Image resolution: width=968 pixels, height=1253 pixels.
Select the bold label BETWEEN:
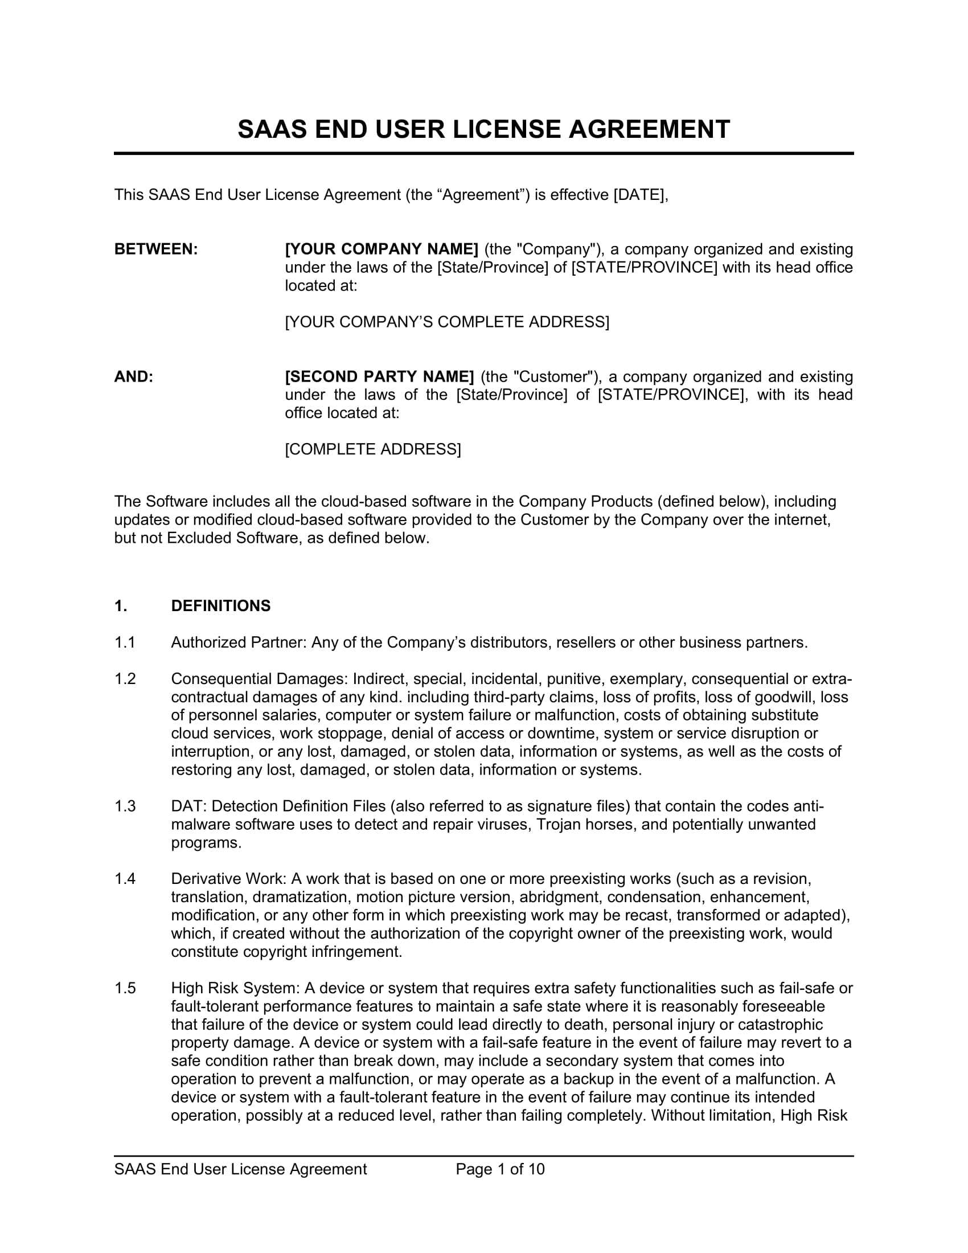click(x=156, y=249)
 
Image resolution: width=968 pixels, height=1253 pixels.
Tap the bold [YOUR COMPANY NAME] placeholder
click(x=382, y=249)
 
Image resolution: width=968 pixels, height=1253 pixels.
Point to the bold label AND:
click(x=134, y=377)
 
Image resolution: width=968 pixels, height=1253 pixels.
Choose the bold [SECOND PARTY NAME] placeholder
click(x=379, y=377)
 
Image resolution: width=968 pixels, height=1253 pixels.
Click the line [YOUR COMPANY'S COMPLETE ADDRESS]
click(x=447, y=322)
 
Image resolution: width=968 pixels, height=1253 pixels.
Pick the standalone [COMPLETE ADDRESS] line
click(x=373, y=449)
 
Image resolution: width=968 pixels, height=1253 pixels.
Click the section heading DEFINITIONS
click(x=221, y=606)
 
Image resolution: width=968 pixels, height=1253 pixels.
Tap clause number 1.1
click(x=125, y=642)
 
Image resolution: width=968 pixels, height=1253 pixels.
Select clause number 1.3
click(x=125, y=806)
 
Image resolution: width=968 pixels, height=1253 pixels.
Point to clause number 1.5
click(x=125, y=989)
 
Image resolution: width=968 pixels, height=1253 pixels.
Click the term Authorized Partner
click(x=237, y=642)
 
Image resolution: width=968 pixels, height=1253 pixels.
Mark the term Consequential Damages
click(x=259, y=679)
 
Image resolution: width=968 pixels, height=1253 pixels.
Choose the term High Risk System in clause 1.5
click(x=235, y=989)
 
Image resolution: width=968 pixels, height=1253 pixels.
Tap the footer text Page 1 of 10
click(x=499, y=1169)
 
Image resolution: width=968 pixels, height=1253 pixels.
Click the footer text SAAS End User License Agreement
click(x=240, y=1169)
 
